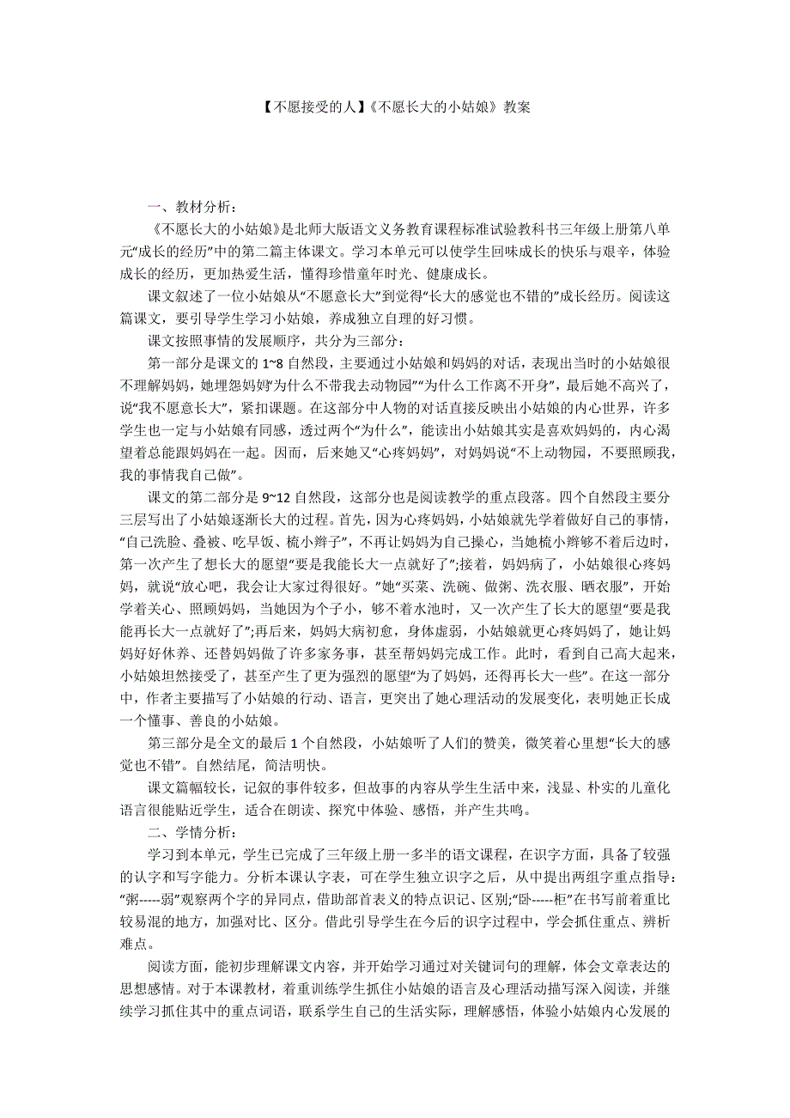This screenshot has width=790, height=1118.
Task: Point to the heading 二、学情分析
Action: [190, 832]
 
